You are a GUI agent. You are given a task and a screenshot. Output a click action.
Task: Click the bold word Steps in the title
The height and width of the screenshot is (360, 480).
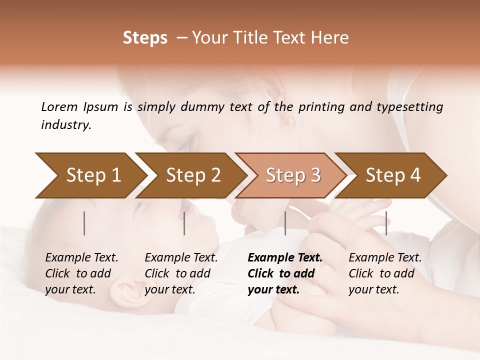[x=145, y=38]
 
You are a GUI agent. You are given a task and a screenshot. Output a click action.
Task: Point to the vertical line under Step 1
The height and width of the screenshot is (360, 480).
[x=84, y=223]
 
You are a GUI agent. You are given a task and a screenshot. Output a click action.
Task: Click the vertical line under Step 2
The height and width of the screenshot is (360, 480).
[x=184, y=223]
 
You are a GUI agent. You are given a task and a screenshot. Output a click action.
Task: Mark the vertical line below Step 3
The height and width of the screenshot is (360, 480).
[x=285, y=223]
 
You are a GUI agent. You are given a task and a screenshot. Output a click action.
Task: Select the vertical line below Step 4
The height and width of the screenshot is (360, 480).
[x=386, y=223]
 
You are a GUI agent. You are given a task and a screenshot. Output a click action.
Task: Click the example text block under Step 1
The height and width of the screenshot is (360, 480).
[x=81, y=273]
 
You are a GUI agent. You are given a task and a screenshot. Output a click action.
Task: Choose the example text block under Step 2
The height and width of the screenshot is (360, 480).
[x=181, y=273]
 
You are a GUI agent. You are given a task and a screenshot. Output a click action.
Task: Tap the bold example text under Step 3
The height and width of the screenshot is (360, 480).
[x=285, y=273]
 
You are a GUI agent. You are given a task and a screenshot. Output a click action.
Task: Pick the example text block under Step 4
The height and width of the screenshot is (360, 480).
[x=385, y=273]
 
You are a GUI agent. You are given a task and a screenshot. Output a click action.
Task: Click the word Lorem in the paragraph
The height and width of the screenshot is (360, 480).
[x=59, y=106]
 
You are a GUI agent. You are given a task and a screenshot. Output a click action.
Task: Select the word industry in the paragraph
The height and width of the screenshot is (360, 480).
[x=66, y=125]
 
